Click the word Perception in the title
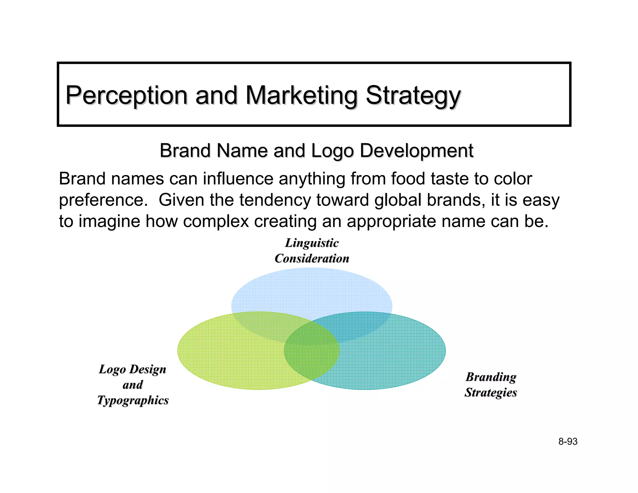[x=126, y=95]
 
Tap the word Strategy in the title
[x=413, y=95]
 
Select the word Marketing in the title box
[x=301, y=95]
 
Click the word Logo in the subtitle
[x=332, y=151]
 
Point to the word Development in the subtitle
[x=417, y=151]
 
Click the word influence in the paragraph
[x=238, y=179]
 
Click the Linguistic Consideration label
[x=312, y=251]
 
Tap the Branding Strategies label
[x=491, y=385]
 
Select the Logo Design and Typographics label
[x=133, y=385]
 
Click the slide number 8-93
[x=568, y=442]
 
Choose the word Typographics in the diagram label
[x=133, y=400]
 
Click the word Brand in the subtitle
[x=185, y=151]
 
